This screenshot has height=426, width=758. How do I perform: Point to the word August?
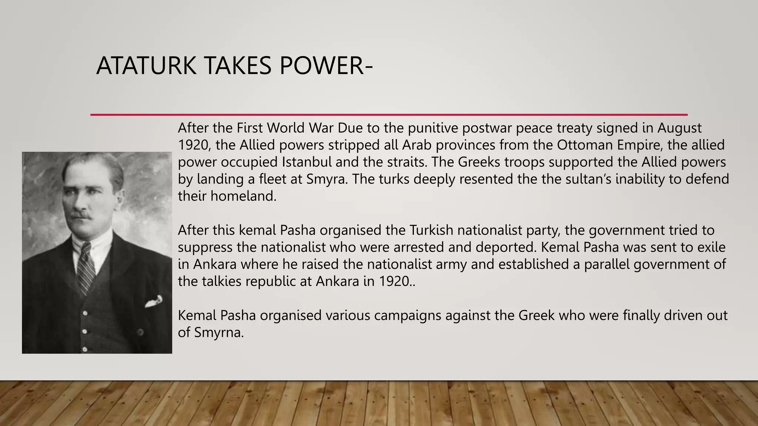click(679, 128)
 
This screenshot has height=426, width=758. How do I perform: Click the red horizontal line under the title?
click(389, 115)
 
